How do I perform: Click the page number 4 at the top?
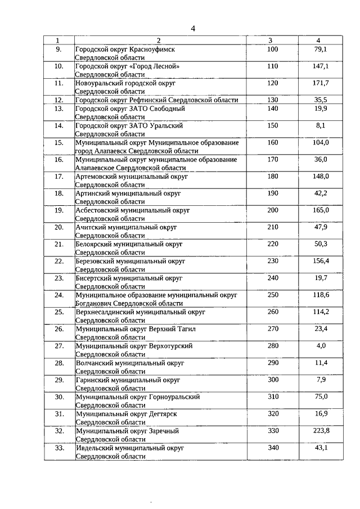coord(193,29)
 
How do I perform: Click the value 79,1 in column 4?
coord(320,49)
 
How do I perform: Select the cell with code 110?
coord(272,66)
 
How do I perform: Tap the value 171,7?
coord(320,83)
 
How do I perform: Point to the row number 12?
coord(58,100)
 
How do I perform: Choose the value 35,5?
coord(320,100)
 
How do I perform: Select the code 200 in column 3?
coord(272,210)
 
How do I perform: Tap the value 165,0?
coord(320,210)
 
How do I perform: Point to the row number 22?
coord(58,261)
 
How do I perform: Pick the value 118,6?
coord(320,295)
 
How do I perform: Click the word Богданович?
coord(96,303)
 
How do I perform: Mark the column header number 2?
coord(159,40)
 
